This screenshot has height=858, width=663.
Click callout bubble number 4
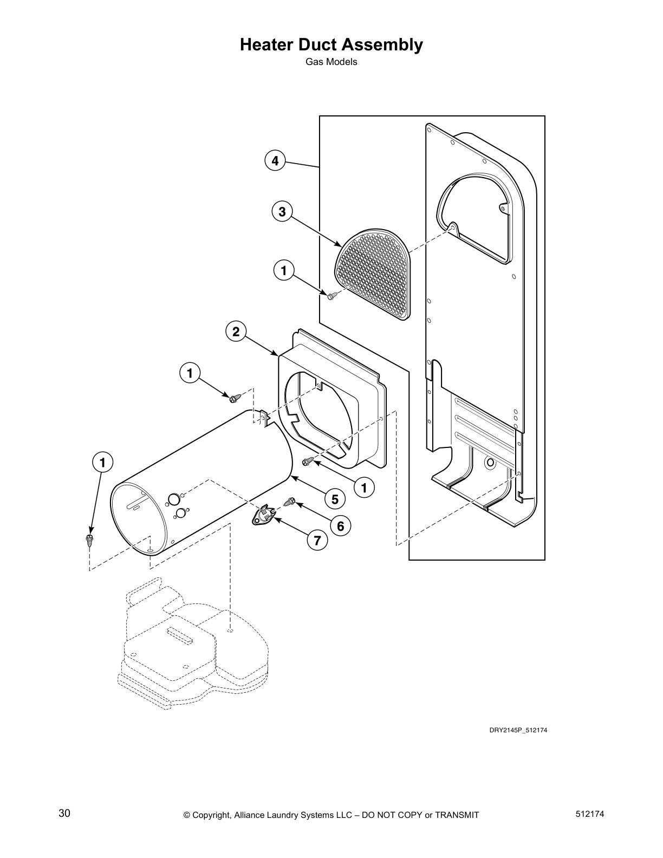click(x=275, y=161)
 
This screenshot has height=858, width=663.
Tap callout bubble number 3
click(x=282, y=212)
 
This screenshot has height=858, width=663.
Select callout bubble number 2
click(x=236, y=331)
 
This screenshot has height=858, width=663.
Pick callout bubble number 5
click(x=335, y=499)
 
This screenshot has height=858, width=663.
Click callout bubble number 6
click(x=340, y=525)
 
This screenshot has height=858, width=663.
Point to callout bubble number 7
click(x=317, y=540)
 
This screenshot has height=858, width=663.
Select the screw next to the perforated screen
click(x=332, y=295)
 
